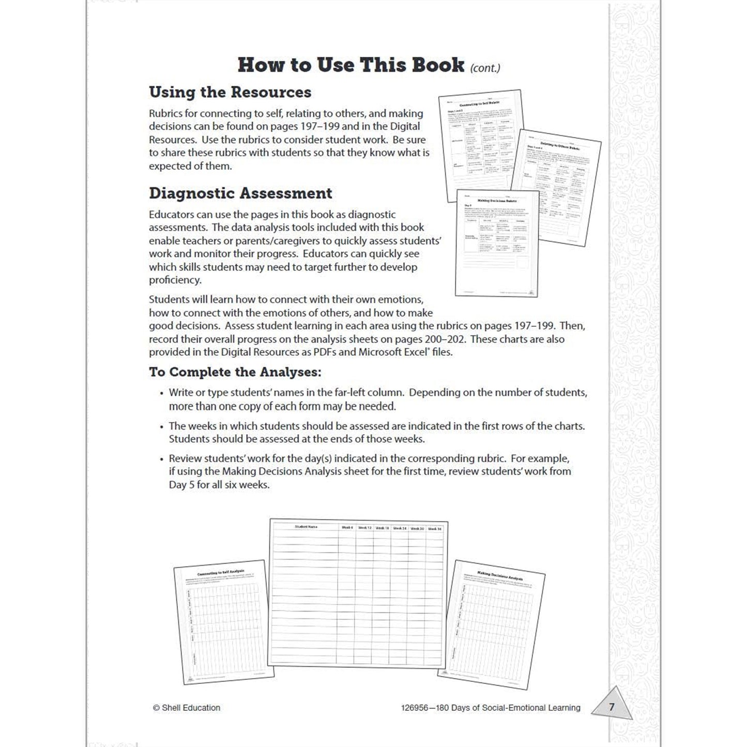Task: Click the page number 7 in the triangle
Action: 612,707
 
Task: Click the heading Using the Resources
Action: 230,92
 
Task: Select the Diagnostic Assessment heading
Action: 240,193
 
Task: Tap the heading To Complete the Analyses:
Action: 235,372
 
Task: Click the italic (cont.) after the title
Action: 485,68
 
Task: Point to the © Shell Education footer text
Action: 187,708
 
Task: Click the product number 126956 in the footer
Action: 414,708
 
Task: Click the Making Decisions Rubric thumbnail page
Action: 496,243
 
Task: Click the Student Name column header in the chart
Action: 306,527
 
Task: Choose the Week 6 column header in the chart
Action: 347,528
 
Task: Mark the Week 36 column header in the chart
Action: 435,529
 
